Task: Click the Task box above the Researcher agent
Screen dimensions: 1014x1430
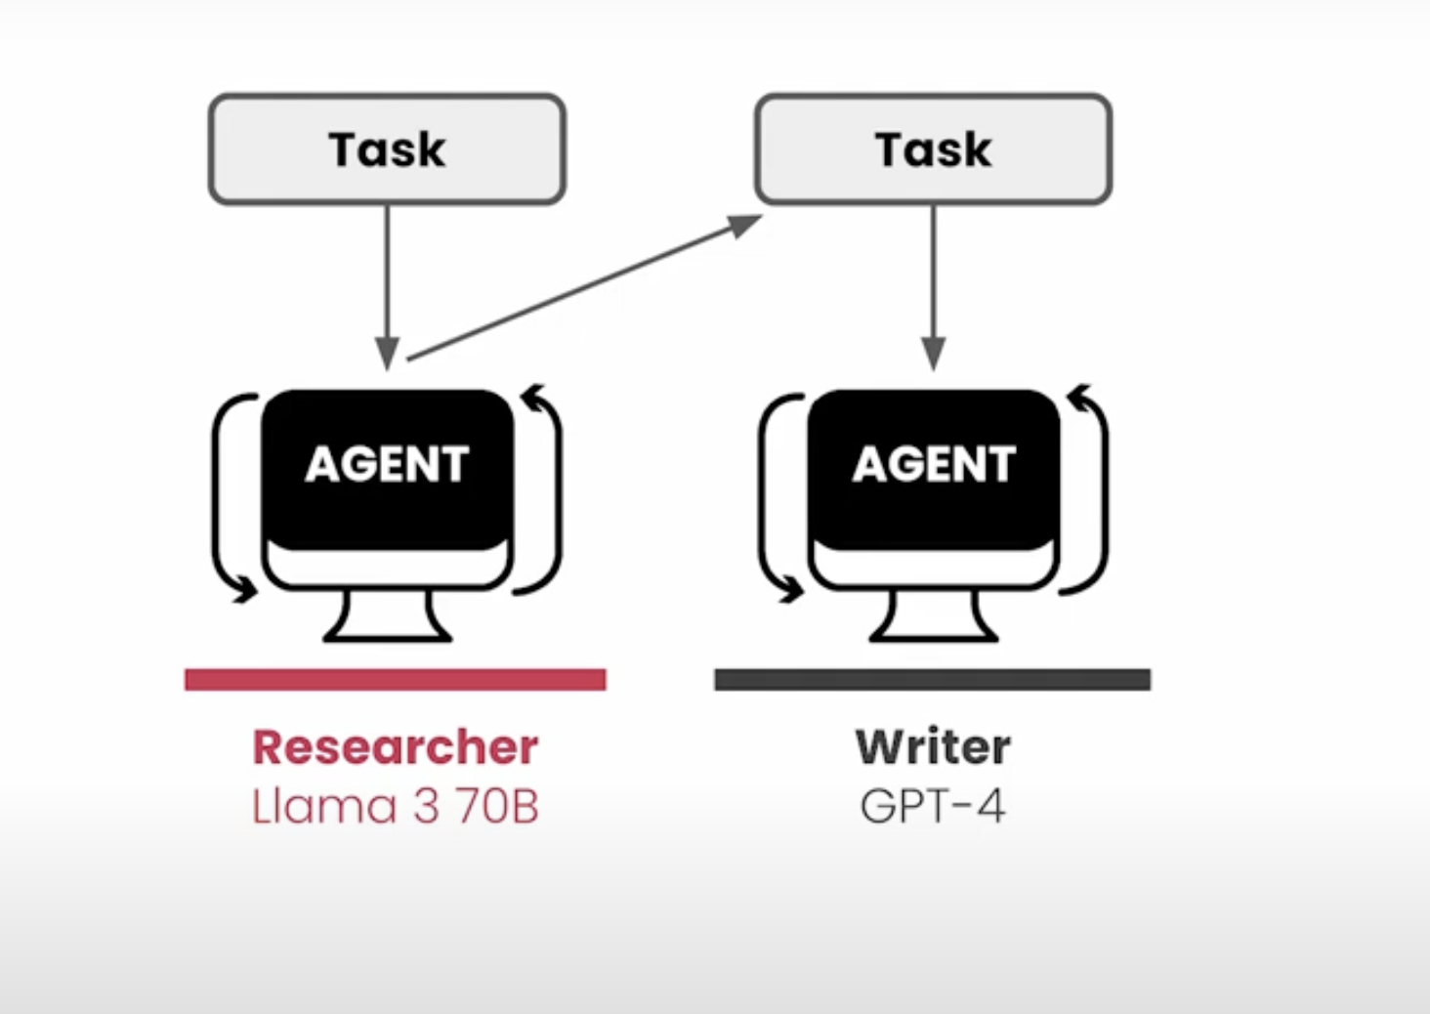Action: coord(387,149)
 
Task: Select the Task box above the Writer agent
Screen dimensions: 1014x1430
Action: coord(933,149)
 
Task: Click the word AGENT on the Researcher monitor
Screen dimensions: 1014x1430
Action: coord(387,464)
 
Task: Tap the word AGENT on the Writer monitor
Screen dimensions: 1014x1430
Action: coord(934,464)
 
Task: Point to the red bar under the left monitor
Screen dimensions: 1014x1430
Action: coord(395,680)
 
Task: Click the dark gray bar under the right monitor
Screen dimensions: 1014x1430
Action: coord(932,680)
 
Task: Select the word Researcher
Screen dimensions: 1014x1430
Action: coord(395,747)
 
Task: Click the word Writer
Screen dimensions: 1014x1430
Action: coord(933,747)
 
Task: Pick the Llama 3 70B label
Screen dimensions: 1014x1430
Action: coord(395,807)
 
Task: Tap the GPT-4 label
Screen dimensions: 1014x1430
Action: coord(932,807)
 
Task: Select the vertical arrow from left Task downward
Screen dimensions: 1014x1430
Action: coord(387,283)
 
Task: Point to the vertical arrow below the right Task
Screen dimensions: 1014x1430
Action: coord(933,283)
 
